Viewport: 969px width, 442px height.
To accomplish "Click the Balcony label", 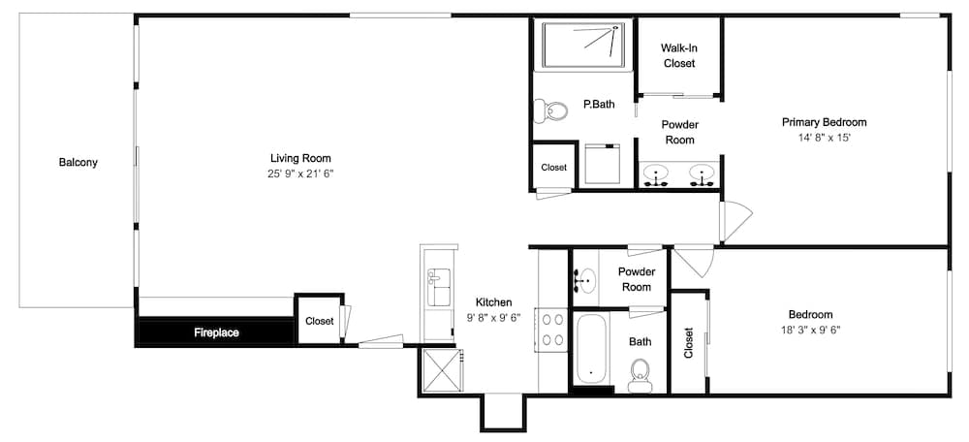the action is pos(78,163).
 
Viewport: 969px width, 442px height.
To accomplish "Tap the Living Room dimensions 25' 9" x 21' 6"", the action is pos(300,174).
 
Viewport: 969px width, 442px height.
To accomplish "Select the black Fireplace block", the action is pos(216,331).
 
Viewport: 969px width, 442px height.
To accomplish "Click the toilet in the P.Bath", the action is pos(550,111).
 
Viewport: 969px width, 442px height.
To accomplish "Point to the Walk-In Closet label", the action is pos(679,55).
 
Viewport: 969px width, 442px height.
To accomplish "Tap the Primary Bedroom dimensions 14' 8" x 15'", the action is pos(825,139).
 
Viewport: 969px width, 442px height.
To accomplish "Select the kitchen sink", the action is pos(439,287).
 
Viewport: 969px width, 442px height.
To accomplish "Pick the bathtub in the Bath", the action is pos(591,349).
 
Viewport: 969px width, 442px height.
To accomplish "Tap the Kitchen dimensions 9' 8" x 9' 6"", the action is pos(493,318).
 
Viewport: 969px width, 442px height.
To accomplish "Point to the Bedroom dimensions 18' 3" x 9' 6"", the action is pos(810,331).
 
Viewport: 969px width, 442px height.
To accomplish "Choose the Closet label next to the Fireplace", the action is pos(320,322).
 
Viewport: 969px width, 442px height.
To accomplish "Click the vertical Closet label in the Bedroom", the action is pos(688,342).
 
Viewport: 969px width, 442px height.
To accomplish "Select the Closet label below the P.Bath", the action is pos(553,168).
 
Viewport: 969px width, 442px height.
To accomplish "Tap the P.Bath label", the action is pos(599,105).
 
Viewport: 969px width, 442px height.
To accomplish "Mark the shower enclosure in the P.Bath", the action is pos(586,46).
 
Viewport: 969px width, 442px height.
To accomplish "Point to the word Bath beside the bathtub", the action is pos(640,341).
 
